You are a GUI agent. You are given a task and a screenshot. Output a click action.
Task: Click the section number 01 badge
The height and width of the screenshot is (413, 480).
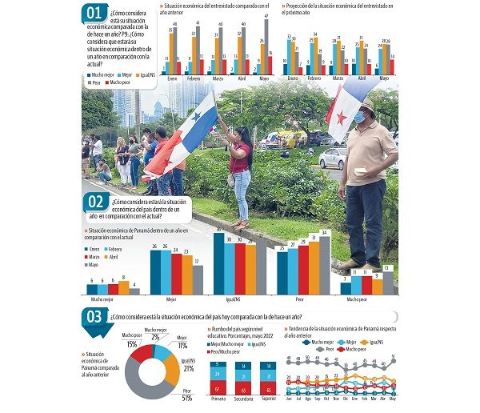pyautogui.click(x=94, y=12)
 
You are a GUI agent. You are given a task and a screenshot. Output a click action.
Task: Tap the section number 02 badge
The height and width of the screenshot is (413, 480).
pyautogui.click(x=96, y=202)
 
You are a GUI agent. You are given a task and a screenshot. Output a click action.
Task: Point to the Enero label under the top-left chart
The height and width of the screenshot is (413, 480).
pyautogui.click(x=171, y=78)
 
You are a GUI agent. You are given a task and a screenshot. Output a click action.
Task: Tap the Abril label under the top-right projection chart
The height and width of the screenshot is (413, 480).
pyautogui.click(x=361, y=78)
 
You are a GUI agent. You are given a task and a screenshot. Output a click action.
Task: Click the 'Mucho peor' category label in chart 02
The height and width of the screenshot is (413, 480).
pyautogui.click(x=356, y=300)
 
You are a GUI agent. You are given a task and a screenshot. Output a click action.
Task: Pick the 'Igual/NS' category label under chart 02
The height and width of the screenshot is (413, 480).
pyautogui.click(x=230, y=300)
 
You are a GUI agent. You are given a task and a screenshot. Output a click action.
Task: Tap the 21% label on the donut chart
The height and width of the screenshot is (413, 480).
pyautogui.click(x=189, y=368)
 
